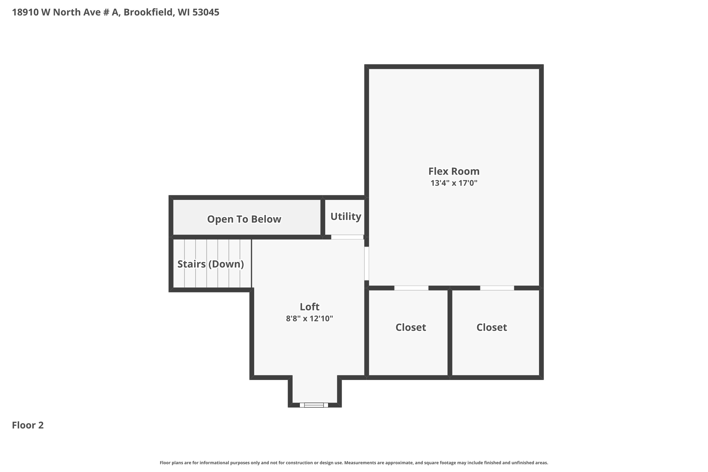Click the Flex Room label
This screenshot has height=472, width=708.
point(454,171)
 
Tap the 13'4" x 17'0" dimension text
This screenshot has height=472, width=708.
point(454,183)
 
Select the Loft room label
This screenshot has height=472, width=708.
point(309,307)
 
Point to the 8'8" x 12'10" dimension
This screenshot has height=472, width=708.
point(309,318)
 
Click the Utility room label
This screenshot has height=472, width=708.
point(346,216)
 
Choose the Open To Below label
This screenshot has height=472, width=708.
point(244,219)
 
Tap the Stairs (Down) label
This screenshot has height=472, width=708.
point(211,264)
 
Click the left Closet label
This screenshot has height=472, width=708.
point(411,327)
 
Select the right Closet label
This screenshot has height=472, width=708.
point(492,327)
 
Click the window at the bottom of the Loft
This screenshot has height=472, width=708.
point(314,405)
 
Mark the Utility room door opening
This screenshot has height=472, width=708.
point(347,237)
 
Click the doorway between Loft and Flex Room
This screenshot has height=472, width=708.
point(366,263)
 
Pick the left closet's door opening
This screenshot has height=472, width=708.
point(411,288)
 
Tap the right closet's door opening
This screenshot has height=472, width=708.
point(497,288)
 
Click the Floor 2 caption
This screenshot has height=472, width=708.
point(28,425)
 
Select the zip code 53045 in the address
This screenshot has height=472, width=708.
point(206,12)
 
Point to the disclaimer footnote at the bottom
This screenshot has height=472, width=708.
point(354,463)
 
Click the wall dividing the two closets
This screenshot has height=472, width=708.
point(450,333)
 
